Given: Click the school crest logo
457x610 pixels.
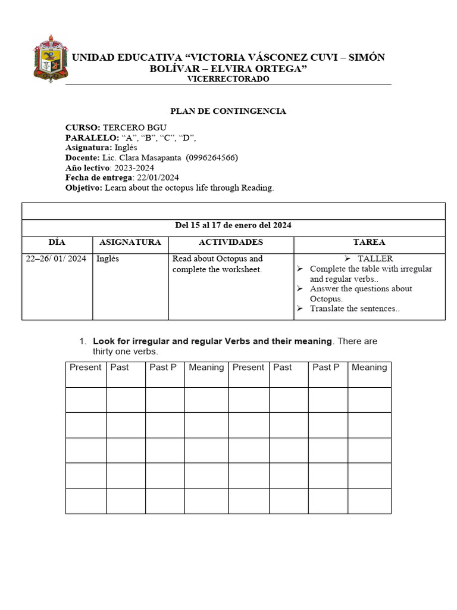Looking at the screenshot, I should (x=50, y=58).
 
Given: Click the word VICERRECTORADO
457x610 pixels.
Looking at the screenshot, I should (x=228, y=79).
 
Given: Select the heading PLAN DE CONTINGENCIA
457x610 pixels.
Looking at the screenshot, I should (x=228, y=111).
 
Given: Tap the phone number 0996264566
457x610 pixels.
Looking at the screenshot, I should (x=212, y=158).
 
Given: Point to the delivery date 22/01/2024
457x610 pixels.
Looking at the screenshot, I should (x=158, y=178).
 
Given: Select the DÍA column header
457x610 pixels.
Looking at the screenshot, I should (x=57, y=242).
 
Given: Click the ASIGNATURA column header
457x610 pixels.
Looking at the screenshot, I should (x=130, y=242).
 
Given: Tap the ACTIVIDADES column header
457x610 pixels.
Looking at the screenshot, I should (x=231, y=242).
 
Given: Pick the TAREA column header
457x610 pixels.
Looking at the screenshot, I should (x=369, y=242).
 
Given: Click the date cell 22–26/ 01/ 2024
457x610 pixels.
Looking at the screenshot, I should (x=57, y=259).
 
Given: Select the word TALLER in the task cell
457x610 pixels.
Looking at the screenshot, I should (x=375, y=259).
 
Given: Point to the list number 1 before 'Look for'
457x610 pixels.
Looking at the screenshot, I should (x=83, y=341).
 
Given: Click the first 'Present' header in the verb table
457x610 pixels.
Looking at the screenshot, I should (x=85, y=368).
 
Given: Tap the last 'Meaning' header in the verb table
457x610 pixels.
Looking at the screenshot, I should (x=369, y=368).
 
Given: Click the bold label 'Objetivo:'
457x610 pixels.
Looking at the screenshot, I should (x=84, y=188).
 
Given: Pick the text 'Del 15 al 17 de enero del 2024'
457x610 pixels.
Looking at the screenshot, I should (x=233, y=226).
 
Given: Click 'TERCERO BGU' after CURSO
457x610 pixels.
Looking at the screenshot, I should (x=134, y=127).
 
